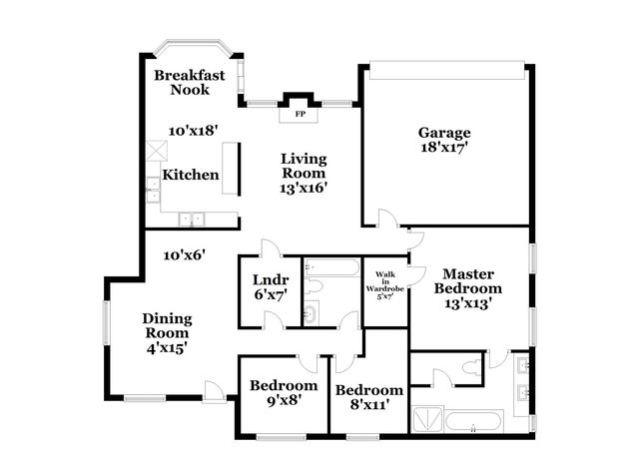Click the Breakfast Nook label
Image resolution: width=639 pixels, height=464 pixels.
click(189, 83)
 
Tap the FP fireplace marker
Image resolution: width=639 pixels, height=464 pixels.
click(299, 114)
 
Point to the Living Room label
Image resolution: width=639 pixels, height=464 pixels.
click(305, 172)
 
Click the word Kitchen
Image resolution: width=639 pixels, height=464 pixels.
click(191, 176)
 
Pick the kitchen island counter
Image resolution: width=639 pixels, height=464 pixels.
click(232, 168)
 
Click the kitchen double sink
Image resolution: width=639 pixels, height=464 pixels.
click(190, 219)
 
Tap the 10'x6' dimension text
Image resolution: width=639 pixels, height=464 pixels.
click(185, 254)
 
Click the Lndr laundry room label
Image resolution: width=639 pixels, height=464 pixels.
click(269, 285)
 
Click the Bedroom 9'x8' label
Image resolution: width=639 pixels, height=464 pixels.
click(284, 392)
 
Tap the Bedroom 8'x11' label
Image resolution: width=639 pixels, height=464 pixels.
click(368, 396)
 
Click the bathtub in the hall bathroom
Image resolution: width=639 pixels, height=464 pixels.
click(330, 267)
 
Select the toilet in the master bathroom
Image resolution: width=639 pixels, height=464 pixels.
click(442, 376)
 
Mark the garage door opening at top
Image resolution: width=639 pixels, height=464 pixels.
click(446, 69)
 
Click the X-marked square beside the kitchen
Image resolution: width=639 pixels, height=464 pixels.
click(154, 152)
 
